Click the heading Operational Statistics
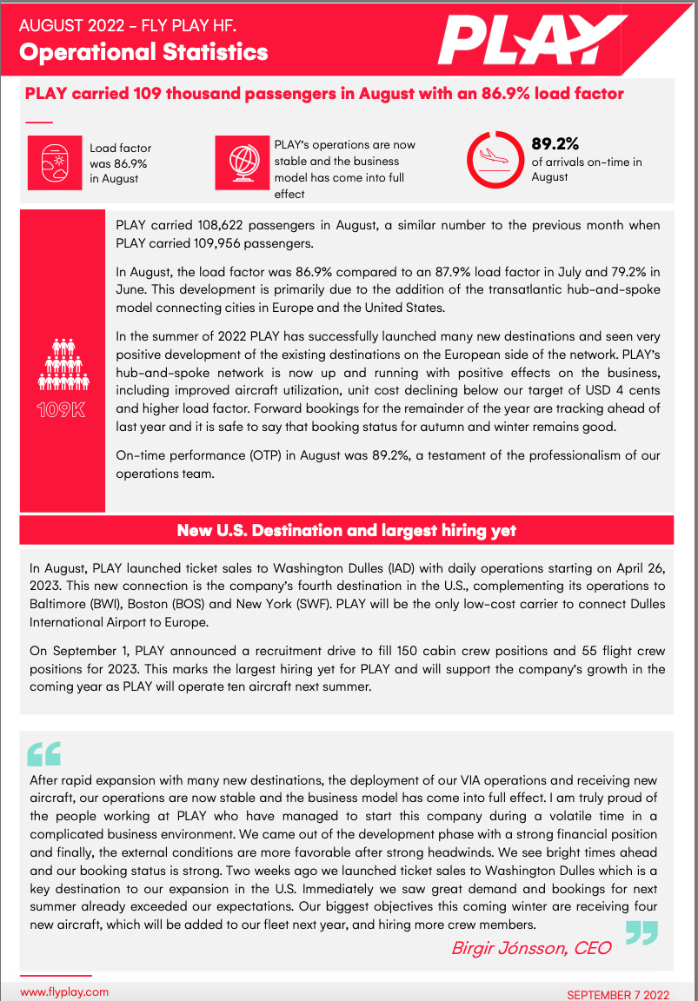click(143, 52)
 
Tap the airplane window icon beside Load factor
click(54, 162)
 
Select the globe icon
click(241, 162)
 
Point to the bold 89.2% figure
click(555, 143)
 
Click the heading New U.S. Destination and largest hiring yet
click(346, 530)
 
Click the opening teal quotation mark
click(44, 752)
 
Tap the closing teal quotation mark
click(641, 932)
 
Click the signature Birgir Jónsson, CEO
click(530, 948)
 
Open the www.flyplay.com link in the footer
click(64, 991)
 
